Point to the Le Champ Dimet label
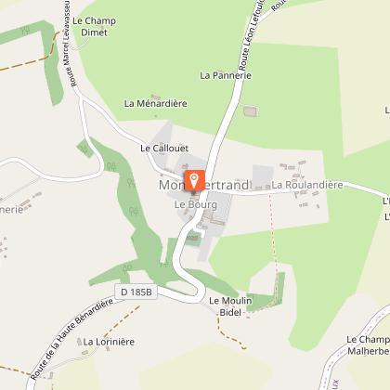[x=90, y=26]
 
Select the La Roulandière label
[x=307, y=186]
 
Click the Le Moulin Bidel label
[x=228, y=306]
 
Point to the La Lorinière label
[x=110, y=342]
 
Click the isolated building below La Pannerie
[x=249, y=111]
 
